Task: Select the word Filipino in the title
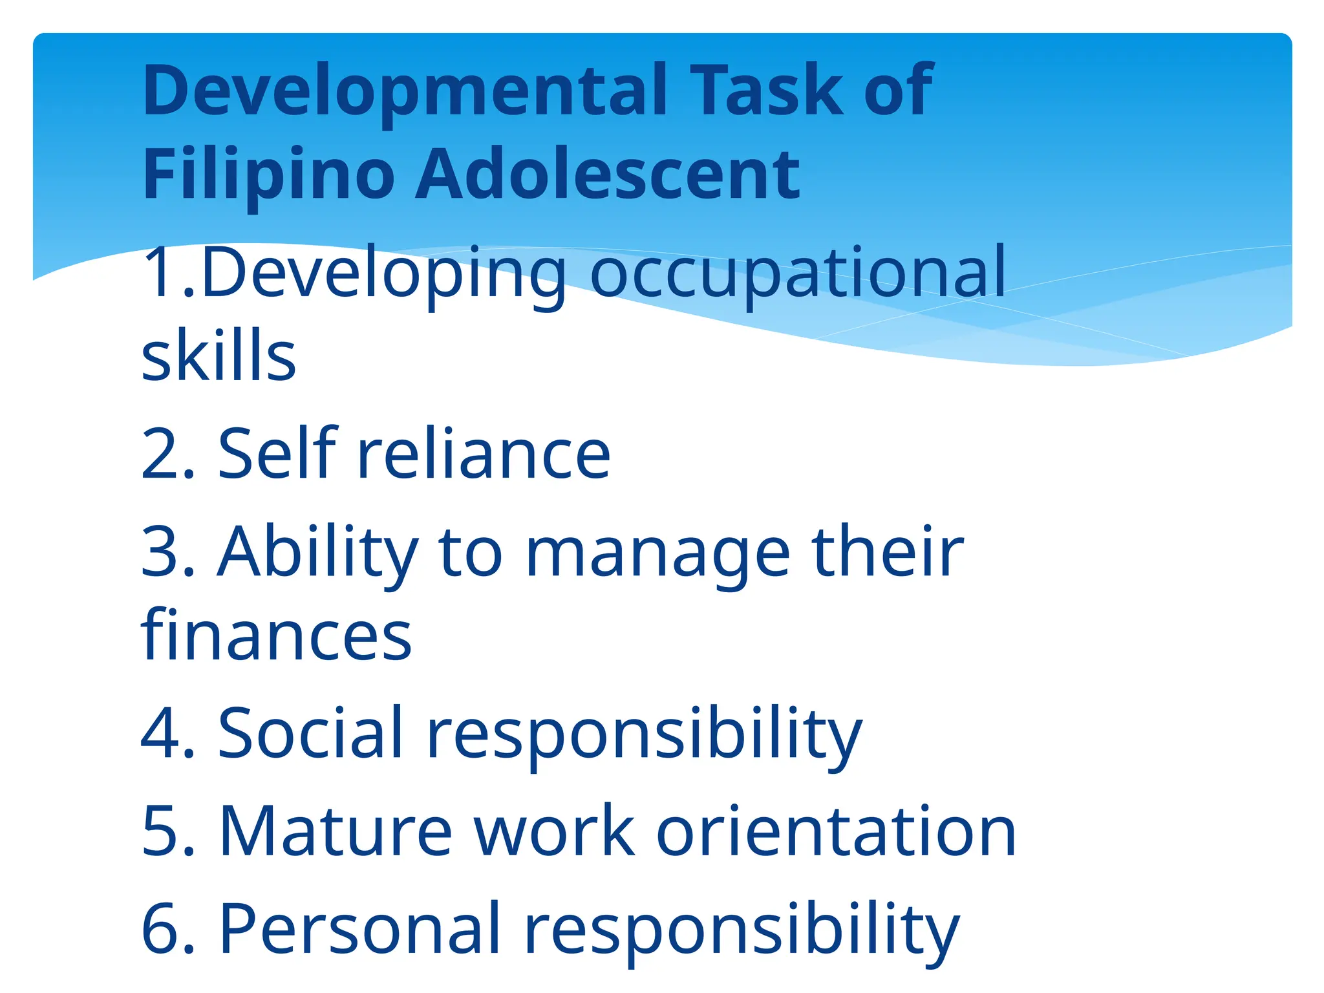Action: coord(268,175)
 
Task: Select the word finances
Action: coord(276,636)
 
